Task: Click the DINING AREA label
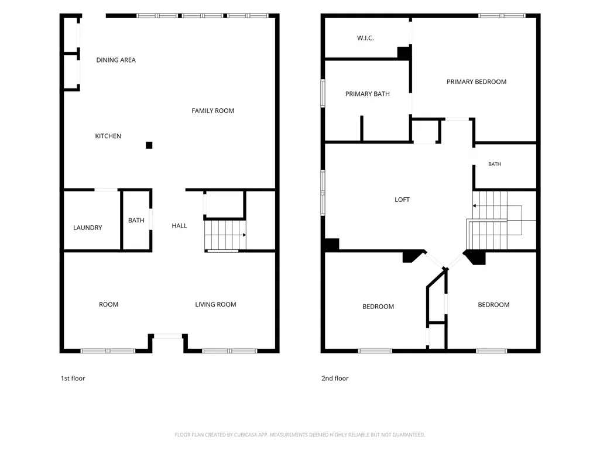116,60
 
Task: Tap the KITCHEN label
108,136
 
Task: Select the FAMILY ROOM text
212,111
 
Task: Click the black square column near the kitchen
149,145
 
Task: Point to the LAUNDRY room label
88,228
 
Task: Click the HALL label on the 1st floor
180,226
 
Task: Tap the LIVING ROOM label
215,305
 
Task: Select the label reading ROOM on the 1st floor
109,305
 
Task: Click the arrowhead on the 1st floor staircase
245,235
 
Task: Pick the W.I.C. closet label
365,38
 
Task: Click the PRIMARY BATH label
368,94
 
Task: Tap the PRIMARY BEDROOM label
476,82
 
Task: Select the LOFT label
402,200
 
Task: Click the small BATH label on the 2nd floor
495,164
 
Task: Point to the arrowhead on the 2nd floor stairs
475,206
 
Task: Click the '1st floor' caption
73,379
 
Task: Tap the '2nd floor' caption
335,379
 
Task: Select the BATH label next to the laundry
136,221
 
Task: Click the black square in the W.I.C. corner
404,53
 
